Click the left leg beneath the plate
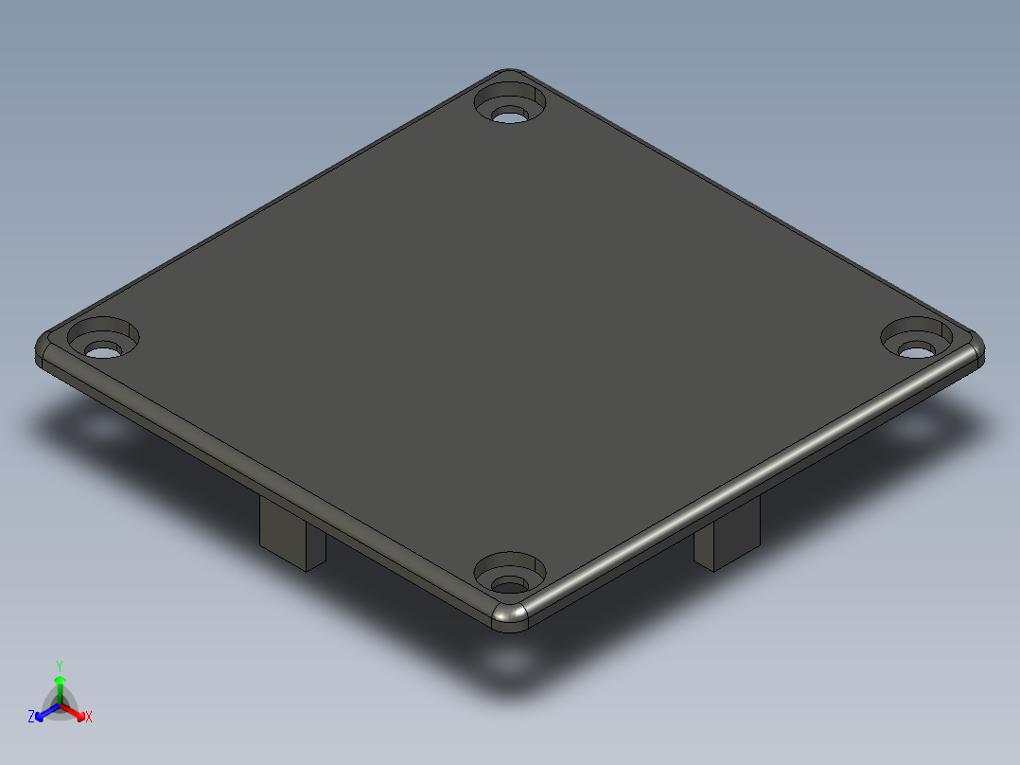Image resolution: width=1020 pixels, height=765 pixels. pos(292,540)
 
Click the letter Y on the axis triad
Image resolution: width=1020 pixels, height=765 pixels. pos(60,666)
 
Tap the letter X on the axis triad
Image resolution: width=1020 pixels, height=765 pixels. pos(89,718)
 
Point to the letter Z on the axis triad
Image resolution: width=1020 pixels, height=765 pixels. pos(31,717)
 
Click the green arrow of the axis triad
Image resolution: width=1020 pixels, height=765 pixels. pos(60,684)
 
